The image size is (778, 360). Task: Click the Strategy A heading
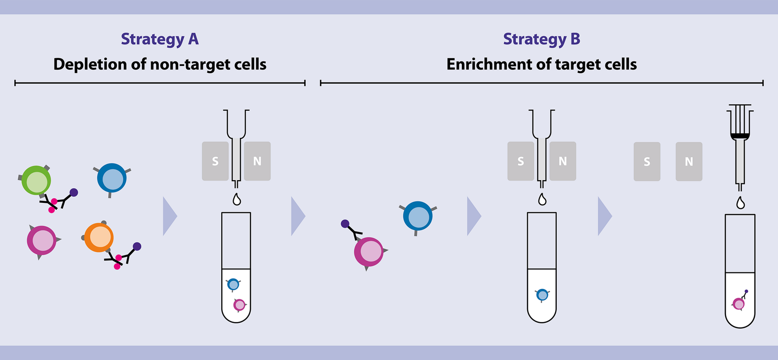tap(160, 39)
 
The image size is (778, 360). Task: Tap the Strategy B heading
tap(541, 39)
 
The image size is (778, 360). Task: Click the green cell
tap(36, 181)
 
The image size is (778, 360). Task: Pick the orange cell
tap(99, 237)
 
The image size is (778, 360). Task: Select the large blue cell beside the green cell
tap(112, 178)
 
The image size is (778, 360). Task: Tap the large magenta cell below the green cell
tap(42, 241)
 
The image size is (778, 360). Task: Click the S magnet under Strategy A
tap(215, 161)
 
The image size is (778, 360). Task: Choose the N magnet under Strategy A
tap(257, 161)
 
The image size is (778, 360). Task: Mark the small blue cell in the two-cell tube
tap(233, 285)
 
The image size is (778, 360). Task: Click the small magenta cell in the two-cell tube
tap(239, 305)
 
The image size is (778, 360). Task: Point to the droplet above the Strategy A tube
tap(237, 200)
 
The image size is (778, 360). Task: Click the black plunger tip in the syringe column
tap(740, 136)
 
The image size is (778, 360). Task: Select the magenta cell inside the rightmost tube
tap(739, 304)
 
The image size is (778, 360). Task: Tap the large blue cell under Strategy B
tap(418, 216)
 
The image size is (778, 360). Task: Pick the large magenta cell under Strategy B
tap(369, 252)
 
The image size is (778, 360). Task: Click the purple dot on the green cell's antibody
tap(74, 192)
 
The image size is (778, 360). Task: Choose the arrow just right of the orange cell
tap(170, 216)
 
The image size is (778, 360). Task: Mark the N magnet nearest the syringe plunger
tap(689, 162)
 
